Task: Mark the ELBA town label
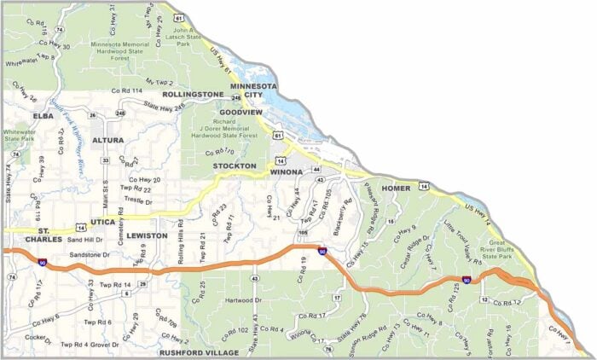tap(43, 115)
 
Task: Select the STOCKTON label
tap(235, 165)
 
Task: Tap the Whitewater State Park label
tap(20, 138)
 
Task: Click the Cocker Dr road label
tap(38, 340)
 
